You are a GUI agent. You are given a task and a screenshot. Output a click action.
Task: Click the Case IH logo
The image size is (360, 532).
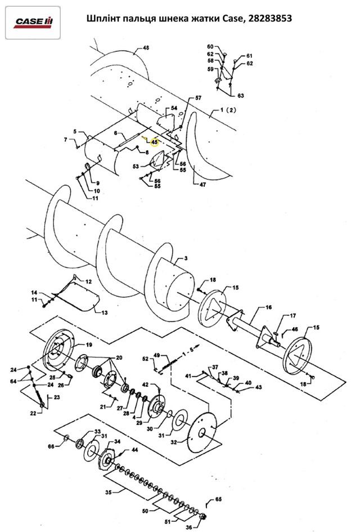click(33, 22)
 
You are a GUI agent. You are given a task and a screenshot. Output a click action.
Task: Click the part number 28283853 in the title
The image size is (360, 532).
click(270, 18)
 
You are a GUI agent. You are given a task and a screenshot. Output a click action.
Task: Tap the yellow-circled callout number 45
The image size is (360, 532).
click(155, 142)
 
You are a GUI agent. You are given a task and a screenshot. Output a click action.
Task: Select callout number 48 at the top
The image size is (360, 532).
click(146, 48)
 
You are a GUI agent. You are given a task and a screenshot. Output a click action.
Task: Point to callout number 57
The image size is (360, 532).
click(198, 98)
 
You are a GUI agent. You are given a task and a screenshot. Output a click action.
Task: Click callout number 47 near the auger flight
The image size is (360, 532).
click(202, 185)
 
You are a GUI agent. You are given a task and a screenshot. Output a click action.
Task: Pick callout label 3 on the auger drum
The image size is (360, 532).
click(186, 258)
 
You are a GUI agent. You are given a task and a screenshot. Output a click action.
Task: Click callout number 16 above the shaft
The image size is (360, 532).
click(268, 307)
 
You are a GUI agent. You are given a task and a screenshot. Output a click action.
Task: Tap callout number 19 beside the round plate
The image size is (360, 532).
click(89, 345)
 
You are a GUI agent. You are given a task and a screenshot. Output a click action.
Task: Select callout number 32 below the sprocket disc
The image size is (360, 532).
click(174, 442)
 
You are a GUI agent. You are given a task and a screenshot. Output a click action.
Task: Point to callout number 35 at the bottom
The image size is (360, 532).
click(109, 491)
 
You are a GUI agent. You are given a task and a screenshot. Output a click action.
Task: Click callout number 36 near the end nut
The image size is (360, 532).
click(189, 527)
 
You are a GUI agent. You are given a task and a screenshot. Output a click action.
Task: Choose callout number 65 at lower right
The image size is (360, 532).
click(218, 499)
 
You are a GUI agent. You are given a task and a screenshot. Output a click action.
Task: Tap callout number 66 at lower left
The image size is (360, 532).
click(51, 446)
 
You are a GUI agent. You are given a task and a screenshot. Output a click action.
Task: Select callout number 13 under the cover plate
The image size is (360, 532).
click(105, 312)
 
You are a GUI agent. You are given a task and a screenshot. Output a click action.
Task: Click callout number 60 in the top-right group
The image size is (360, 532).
click(210, 47)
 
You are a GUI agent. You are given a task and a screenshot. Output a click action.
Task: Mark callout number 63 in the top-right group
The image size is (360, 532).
click(240, 96)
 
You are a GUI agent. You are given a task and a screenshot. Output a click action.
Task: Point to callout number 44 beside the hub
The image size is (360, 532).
click(134, 450)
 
